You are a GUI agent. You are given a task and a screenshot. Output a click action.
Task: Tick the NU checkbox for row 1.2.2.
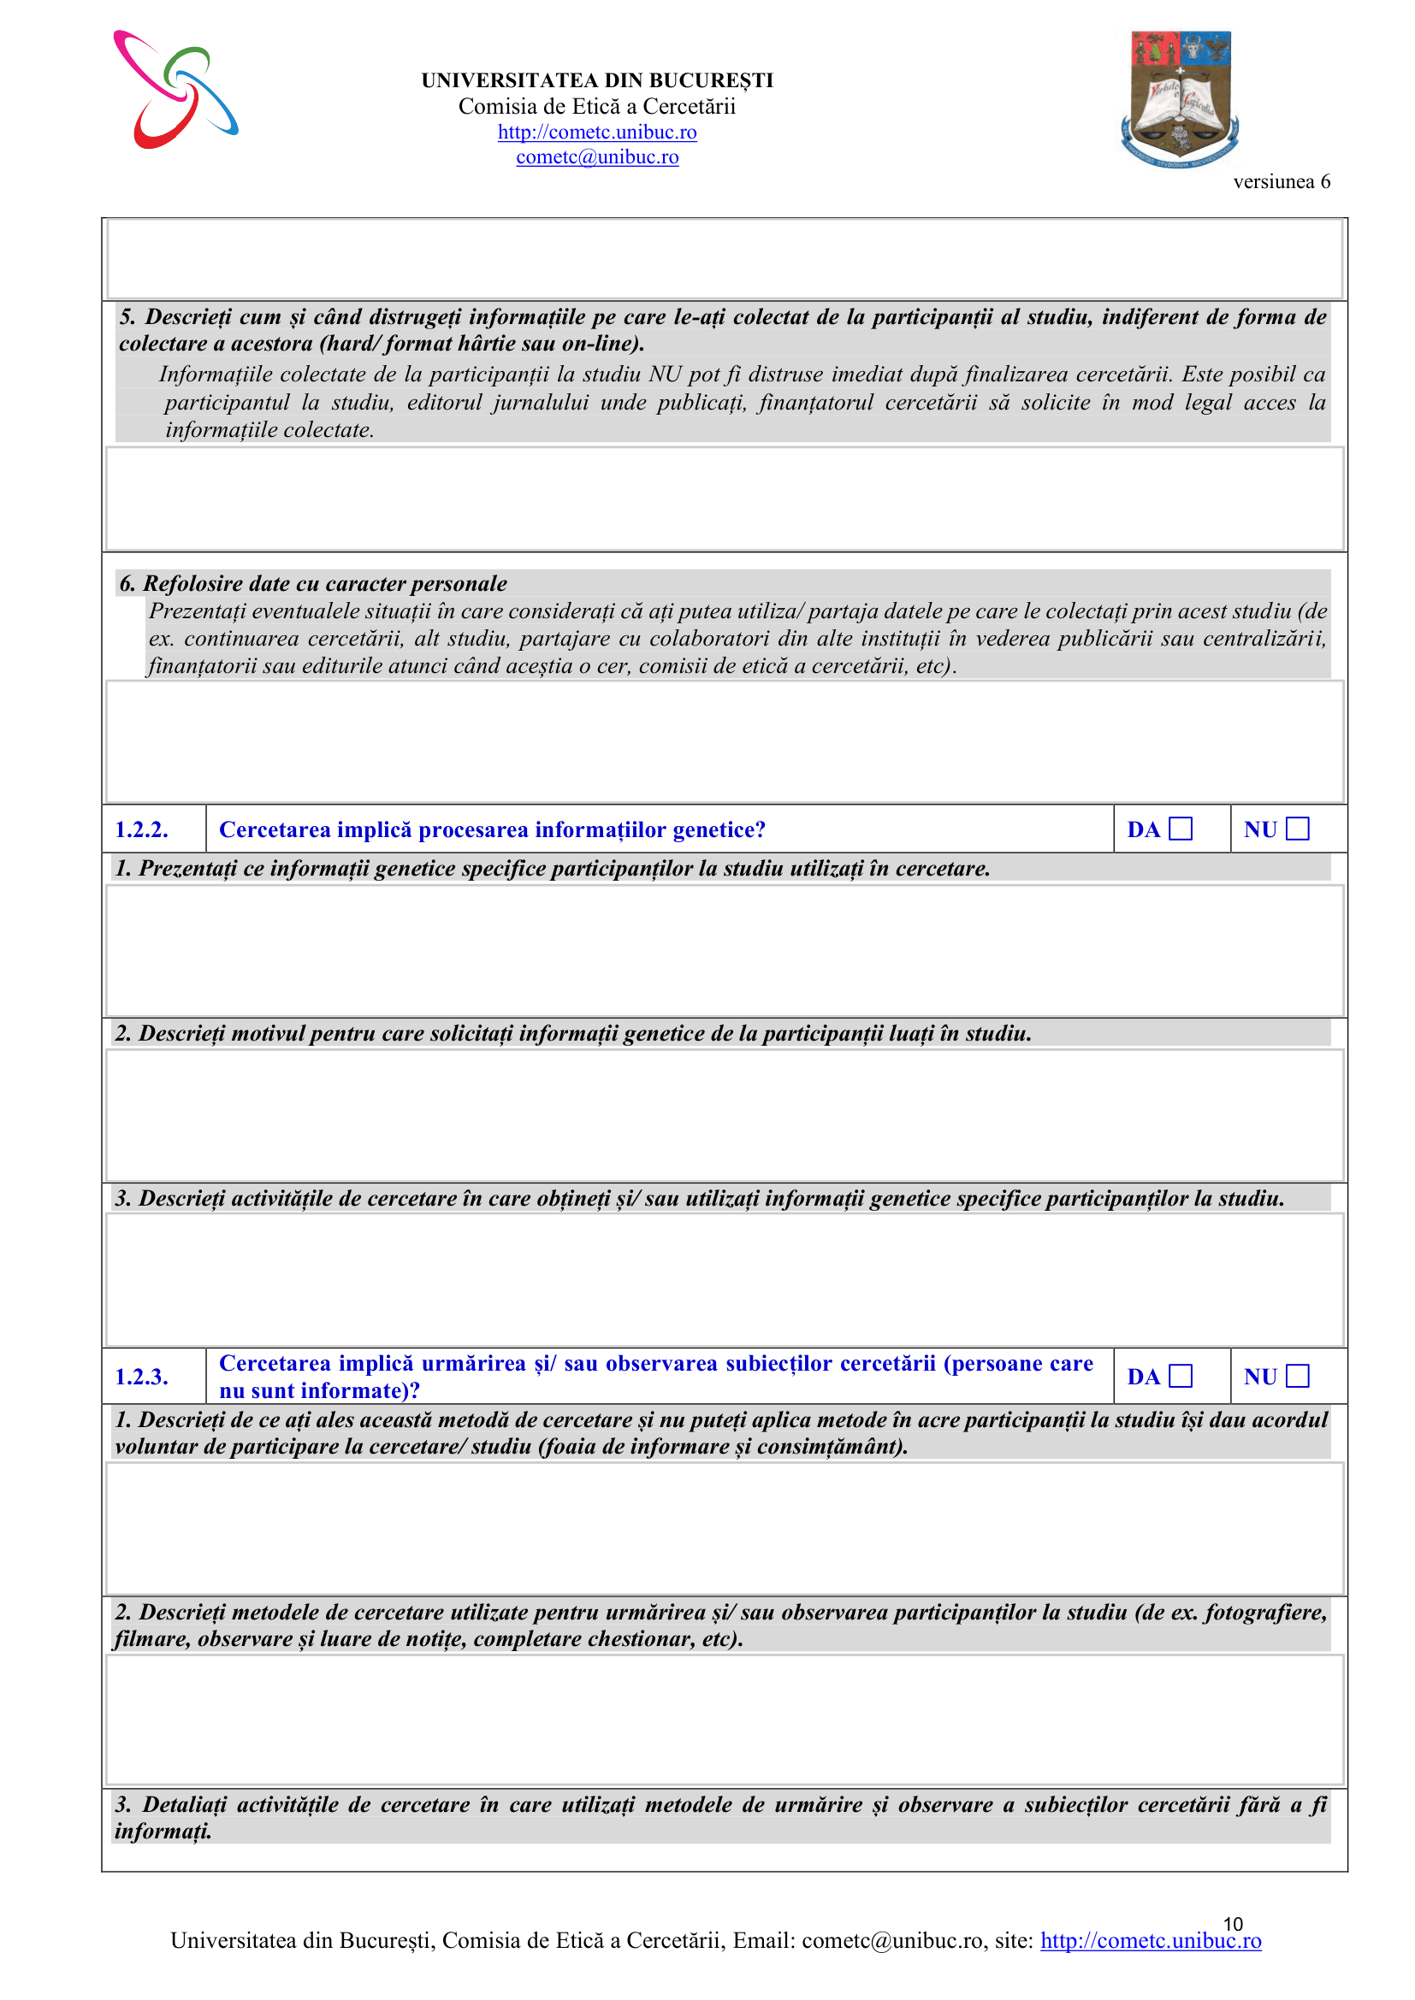pyautogui.click(x=1298, y=829)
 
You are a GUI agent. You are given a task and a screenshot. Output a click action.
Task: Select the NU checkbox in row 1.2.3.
pyautogui.click(x=1298, y=1376)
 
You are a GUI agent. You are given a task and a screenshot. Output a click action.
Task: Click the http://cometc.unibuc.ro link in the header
pyautogui.click(x=597, y=132)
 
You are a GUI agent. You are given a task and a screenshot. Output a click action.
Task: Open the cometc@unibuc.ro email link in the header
pyautogui.click(x=597, y=156)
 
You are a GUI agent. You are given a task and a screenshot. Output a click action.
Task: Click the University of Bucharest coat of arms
pyautogui.click(x=1180, y=98)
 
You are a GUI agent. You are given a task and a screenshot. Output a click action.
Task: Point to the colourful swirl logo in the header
pyautogui.click(x=175, y=90)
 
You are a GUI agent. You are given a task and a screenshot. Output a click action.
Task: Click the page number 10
pyautogui.click(x=1232, y=1923)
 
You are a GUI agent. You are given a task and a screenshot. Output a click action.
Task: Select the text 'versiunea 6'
pyautogui.click(x=1281, y=181)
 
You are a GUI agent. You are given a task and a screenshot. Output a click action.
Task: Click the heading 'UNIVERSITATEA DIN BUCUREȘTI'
pyautogui.click(x=597, y=80)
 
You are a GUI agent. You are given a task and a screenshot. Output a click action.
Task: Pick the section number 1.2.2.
pyautogui.click(x=141, y=829)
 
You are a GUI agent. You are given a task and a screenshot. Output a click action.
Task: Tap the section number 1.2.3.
pyautogui.click(x=141, y=1377)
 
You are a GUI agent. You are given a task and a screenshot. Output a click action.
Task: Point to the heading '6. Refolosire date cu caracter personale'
pyautogui.click(x=313, y=583)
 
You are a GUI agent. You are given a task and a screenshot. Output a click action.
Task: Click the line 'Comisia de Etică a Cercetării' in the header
pyautogui.click(x=597, y=106)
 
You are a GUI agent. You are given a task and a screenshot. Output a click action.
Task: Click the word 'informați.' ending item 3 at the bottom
pyautogui.click(x=163, y=1830)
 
